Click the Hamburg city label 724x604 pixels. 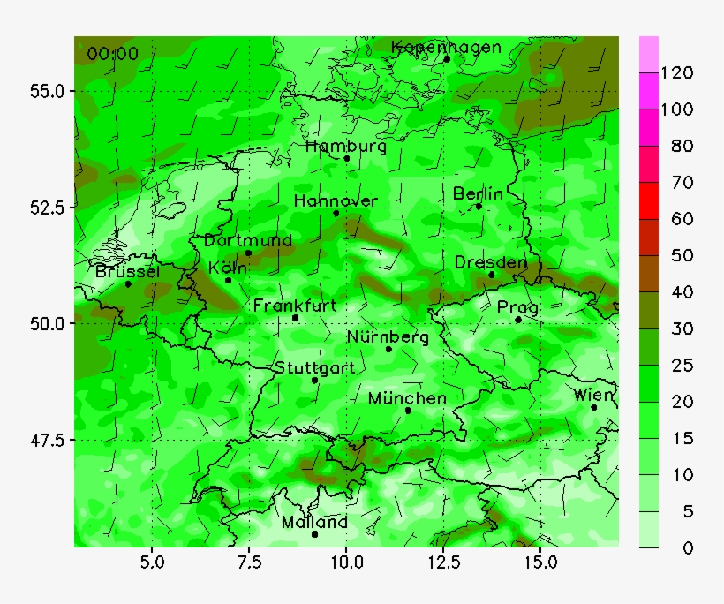346,147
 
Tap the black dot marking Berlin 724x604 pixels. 479,207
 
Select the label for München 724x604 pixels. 407,399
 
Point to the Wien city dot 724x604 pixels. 594,407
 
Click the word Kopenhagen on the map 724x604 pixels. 446,48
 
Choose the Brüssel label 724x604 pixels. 128,272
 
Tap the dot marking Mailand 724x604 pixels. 314,533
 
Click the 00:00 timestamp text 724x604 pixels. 112,54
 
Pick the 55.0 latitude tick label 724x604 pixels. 45,91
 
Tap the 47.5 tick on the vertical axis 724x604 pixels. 45,439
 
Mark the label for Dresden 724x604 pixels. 491,263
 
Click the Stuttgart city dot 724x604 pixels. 314,380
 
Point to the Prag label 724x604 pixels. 517,307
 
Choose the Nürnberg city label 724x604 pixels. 388,337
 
